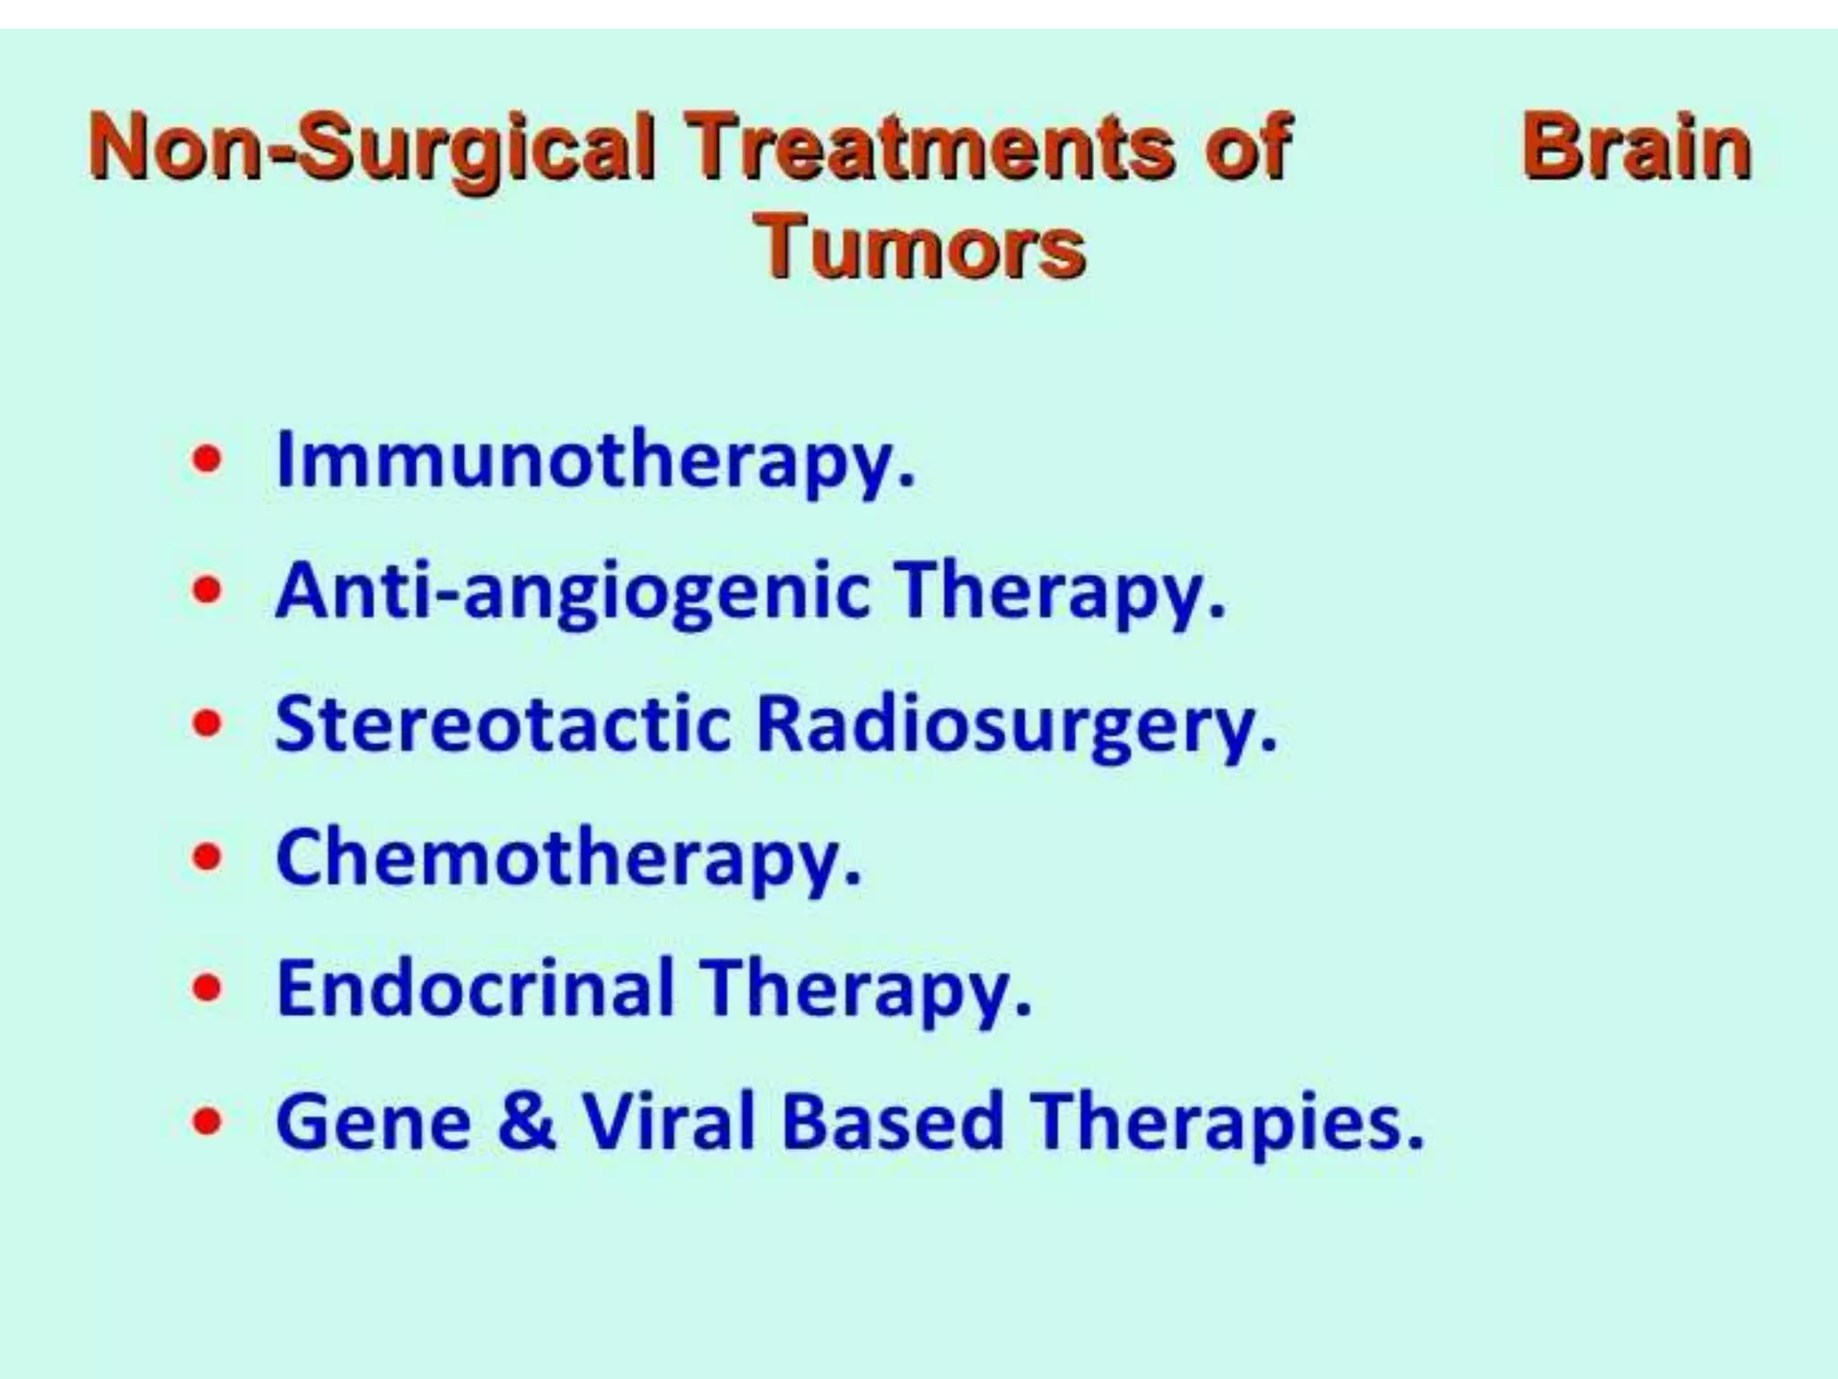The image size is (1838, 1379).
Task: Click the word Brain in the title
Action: [x=1636, y=149]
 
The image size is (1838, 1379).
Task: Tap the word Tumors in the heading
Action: [x=921, y=247]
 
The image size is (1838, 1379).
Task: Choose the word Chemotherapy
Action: [x=568, y=859]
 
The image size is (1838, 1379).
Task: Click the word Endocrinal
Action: [x=475, y=988]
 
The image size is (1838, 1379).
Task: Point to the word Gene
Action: [x=373, y=1122]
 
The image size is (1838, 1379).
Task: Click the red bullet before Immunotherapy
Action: [x=207, y=460]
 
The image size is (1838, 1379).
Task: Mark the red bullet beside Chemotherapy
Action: [x=207, y=856]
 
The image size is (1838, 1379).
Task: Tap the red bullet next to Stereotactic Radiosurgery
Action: [x=207, y=724]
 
